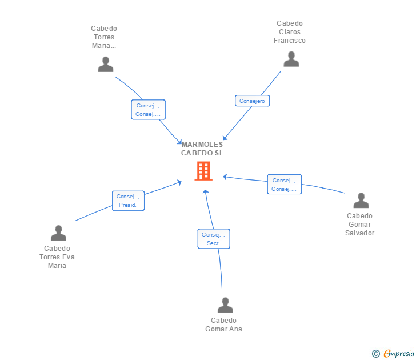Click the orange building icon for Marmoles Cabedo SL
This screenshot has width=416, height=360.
203,171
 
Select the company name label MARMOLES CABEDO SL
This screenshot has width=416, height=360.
202,149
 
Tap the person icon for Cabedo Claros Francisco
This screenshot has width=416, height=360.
291,59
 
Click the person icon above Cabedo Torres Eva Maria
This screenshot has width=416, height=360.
58,233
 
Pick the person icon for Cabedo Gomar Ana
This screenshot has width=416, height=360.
225,305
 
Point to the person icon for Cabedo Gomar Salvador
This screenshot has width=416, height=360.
361,201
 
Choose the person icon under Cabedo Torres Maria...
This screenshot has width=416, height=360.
105,65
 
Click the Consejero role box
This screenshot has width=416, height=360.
252,101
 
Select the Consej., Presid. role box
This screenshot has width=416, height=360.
128,201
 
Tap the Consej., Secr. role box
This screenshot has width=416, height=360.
214,239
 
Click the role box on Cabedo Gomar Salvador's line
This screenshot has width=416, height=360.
284,185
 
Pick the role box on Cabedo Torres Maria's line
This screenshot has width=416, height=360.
148,110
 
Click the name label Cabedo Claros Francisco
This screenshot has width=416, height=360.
290,32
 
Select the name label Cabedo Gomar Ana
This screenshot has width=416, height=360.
223,325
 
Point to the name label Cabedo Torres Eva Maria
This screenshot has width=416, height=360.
57,257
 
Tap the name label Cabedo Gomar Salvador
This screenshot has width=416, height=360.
360,224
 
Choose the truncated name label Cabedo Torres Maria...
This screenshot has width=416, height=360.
104,37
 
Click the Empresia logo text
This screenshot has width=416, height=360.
398,354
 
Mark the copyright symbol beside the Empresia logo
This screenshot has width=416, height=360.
375,354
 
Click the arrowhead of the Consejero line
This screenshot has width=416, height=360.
225,138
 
